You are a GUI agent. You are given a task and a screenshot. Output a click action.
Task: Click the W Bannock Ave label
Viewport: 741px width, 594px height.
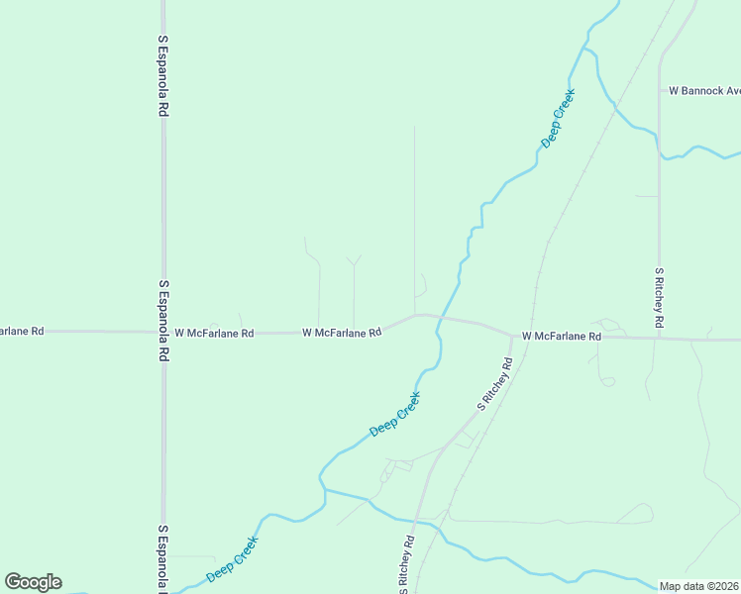click(704, 90)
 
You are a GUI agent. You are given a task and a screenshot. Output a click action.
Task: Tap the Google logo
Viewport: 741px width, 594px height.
click(33, 582)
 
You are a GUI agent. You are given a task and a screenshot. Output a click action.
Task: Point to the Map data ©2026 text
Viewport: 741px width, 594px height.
click(699, 586)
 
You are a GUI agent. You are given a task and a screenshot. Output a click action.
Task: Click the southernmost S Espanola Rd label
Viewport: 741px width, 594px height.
click(162, 558)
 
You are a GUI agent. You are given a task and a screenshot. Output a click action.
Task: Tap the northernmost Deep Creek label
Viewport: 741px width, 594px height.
click(558, 118)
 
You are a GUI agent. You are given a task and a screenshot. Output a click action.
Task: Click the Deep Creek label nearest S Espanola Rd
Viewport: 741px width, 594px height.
click(232, 560)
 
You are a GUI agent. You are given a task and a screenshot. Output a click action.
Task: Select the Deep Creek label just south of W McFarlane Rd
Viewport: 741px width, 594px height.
click(395, 414)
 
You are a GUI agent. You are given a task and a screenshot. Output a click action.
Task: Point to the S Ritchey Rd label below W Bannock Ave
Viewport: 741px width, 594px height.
click(658, 297)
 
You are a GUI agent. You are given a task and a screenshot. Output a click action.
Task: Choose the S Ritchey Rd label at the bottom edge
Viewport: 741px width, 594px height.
click(406, 565)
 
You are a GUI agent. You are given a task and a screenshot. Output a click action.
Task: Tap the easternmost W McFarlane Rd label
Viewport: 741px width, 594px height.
click(562, 337)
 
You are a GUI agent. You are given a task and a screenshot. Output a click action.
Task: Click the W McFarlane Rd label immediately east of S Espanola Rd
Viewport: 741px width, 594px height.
click(214, 334)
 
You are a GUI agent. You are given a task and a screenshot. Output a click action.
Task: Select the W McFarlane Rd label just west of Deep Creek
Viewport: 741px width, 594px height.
click(342, 333)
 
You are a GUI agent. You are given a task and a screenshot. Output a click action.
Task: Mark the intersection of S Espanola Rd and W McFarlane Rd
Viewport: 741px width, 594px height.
click(163, 332)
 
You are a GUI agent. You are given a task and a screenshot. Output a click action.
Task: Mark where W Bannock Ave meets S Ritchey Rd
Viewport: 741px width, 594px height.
click(660, 91)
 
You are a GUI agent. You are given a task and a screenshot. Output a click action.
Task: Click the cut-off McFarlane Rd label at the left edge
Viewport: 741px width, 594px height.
click(21, 331)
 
